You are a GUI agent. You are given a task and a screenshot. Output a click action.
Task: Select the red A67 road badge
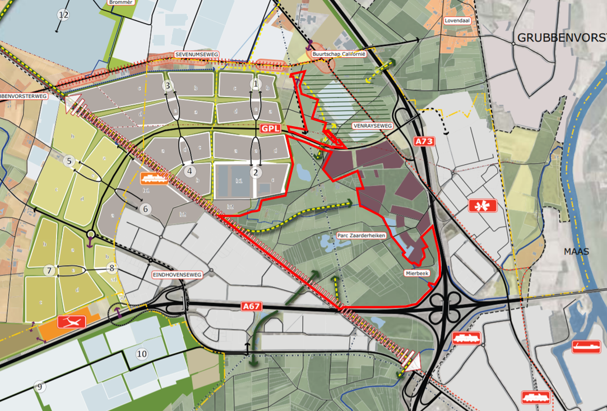[x=251, y=307]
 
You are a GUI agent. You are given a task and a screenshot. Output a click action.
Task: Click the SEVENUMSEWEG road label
[x=196, y=55]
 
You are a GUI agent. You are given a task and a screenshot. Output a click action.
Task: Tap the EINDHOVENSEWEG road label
[x=177, y=275]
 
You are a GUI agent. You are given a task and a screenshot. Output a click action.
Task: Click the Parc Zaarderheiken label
[x=362, y=235]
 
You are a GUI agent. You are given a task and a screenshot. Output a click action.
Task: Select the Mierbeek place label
[x=416, y=274]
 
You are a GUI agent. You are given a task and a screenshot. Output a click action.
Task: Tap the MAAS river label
[x=577, y=252]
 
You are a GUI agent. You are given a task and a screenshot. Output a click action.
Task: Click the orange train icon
[x=155, y=178]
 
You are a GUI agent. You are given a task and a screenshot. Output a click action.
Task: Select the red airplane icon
[x=72, y=321]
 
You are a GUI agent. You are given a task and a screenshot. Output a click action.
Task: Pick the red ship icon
[x=586, y=347]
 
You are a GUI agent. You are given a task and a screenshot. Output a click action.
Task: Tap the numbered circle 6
[x=145, y=209]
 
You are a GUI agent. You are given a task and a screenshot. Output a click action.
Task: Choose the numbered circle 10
[x=142, y=354]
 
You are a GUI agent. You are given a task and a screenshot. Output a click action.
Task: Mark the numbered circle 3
[x=167, y=86]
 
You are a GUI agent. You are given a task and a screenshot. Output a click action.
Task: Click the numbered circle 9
[x=39, y=387]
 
